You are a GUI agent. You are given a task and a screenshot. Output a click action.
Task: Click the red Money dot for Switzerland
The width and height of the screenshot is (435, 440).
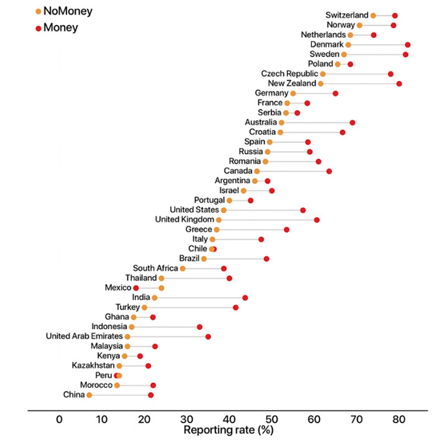coord(395,16)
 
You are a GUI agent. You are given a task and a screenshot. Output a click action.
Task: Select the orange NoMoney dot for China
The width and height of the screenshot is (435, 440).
coord(89,395)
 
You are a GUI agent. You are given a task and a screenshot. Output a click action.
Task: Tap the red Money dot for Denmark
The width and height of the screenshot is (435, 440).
coord(408,45)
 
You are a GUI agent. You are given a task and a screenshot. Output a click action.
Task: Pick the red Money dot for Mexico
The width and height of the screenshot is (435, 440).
coord(136,288)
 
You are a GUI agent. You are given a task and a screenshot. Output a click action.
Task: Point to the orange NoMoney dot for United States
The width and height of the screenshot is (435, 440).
coord(224,210)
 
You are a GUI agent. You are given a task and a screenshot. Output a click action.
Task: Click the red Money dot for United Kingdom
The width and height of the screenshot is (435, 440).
coord(317,220)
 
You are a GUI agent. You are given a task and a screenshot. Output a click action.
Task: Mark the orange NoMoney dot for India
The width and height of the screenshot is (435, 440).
coord(155,298)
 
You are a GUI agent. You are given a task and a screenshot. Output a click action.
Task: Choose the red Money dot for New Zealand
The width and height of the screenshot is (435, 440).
coord(399,83)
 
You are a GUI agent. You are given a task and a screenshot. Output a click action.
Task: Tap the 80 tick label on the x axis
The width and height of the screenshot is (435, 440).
coord(399,419)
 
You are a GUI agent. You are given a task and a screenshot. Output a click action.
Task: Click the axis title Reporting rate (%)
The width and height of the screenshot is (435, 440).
coord(228,429)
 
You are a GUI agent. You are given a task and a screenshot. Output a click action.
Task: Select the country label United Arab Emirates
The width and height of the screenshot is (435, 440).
coord(85,336)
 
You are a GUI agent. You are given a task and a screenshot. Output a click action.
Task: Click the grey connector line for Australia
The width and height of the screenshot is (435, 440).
coord(317,123)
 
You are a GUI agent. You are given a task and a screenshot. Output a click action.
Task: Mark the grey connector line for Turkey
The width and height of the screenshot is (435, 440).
coord(190,308)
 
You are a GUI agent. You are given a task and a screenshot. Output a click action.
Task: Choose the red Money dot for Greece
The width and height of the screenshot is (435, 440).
coord(286,229)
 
